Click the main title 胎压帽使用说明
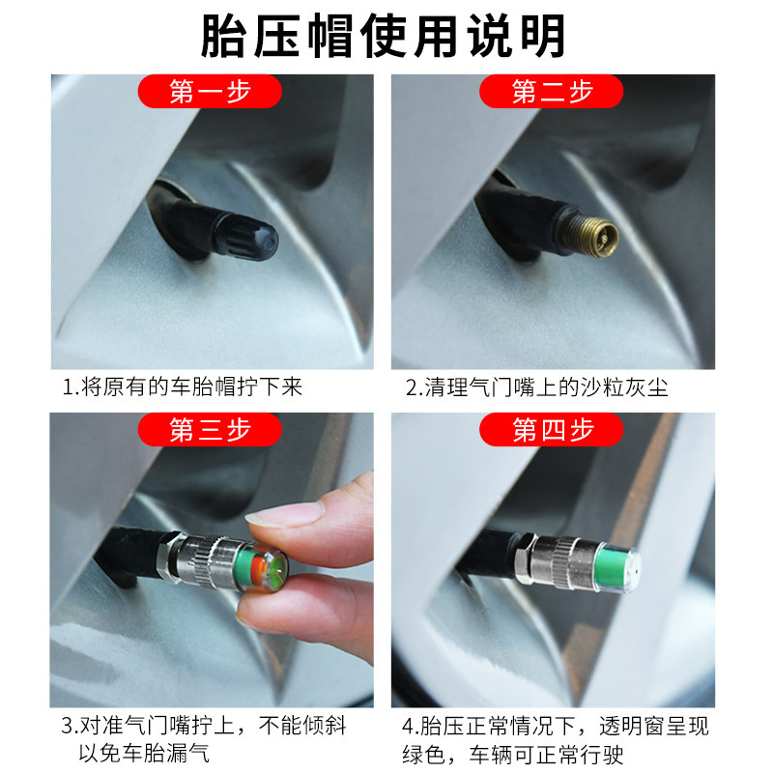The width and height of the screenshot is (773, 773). point(384,38)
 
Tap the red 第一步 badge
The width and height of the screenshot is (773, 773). point(210,92)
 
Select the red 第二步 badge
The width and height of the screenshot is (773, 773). point(552,92)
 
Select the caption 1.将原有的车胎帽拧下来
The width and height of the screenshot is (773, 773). point(183,387)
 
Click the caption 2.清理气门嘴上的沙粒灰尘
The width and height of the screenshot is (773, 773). point(536,387)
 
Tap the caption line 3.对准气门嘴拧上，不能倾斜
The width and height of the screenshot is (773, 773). point(204,726)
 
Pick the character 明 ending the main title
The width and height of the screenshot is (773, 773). point(544,38)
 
